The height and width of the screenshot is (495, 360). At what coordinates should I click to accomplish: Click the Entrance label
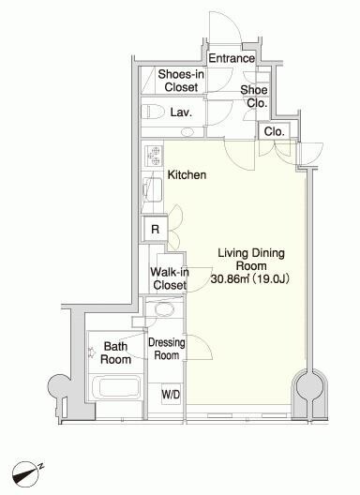coord(232,58)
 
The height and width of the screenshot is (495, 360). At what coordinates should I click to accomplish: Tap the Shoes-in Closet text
coord(181,81)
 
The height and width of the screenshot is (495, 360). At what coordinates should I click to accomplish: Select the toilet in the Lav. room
coord(153,112)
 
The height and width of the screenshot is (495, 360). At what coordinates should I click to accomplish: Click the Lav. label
coord(181,112)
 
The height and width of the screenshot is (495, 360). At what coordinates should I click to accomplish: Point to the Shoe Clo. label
coord(254,97)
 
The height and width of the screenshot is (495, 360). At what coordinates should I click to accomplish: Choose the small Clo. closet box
coord(274,130)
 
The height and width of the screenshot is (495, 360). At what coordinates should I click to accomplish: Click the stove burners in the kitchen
coord(154,156)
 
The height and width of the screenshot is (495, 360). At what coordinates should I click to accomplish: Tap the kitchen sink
coord(153,189)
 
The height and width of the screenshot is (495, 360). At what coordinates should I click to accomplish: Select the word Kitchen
coord(187,174)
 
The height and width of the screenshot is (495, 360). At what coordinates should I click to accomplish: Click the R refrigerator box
coord(155,229)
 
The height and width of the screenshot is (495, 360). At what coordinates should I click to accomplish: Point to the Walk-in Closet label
coord(170,278)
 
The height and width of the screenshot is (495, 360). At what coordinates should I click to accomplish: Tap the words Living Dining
coord(251,253)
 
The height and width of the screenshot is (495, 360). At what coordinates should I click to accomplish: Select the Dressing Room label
coord(167,349)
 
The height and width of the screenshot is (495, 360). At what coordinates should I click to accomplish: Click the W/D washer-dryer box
coord(171,394)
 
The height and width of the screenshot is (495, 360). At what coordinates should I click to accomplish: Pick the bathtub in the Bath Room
coord(118,387)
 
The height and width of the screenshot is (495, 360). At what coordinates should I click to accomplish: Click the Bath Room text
coord(115,352)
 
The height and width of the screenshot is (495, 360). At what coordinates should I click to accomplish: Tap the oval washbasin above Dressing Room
coord(164,309)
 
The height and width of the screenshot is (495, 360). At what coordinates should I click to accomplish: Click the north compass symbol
coord(26,473)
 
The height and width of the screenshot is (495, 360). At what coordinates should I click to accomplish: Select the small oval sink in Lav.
coord(187,131)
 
